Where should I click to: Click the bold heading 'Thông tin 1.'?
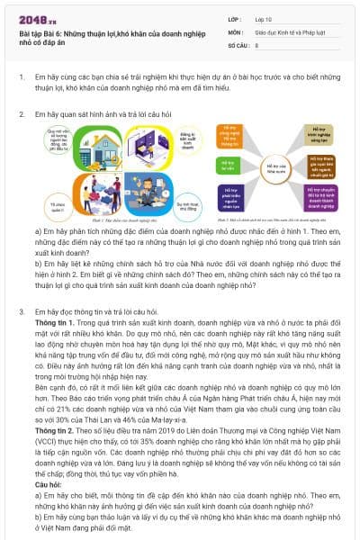coord(52,320)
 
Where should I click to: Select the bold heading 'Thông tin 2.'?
coord(52,429)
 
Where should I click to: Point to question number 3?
coord(22,310)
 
